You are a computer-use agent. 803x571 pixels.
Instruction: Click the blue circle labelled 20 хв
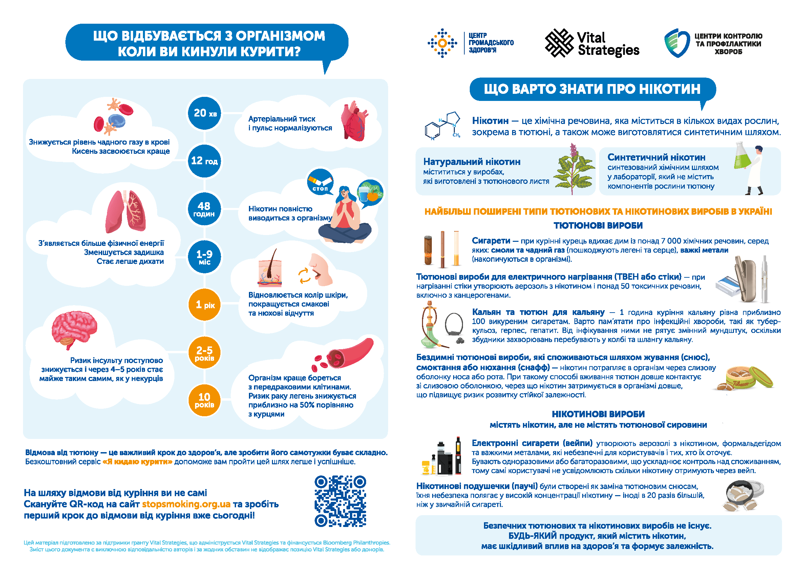[x=205, y=113]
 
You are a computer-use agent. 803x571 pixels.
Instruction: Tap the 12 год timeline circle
[x=204, y=161]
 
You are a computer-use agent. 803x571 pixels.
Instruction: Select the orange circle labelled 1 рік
[x=205, y=305]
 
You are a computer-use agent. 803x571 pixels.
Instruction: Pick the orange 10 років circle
[x=204, y=400]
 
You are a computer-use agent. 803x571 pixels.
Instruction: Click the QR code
[x=340, y=501]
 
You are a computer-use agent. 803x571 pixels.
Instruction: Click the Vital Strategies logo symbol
[x=559, y=43]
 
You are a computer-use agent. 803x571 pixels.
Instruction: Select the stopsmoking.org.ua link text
[x=186, y=504]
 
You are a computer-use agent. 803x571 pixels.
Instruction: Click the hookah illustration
[x=431, y=325]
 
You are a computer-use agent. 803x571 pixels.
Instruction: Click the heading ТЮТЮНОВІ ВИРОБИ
[x=598, y=225]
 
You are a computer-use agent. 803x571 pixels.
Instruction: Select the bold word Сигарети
[x=490, y=241]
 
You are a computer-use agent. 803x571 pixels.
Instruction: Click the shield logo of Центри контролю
[x=677, y=43]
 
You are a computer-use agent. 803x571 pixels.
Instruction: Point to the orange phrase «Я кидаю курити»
[x=137, y=462]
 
